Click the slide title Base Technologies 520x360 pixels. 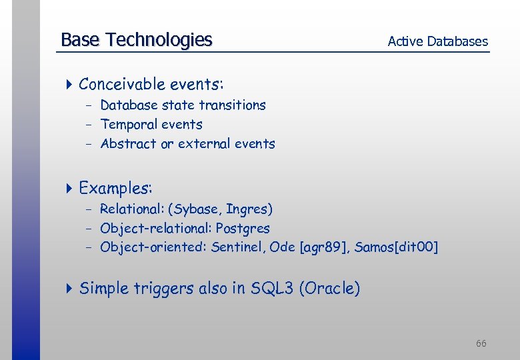136,40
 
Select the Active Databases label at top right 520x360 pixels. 437,41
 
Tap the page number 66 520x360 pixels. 481,343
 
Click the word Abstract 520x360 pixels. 129,144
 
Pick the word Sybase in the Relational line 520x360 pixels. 197,209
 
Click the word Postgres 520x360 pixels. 243,229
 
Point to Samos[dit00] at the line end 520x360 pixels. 396,248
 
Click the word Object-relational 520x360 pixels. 155,229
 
